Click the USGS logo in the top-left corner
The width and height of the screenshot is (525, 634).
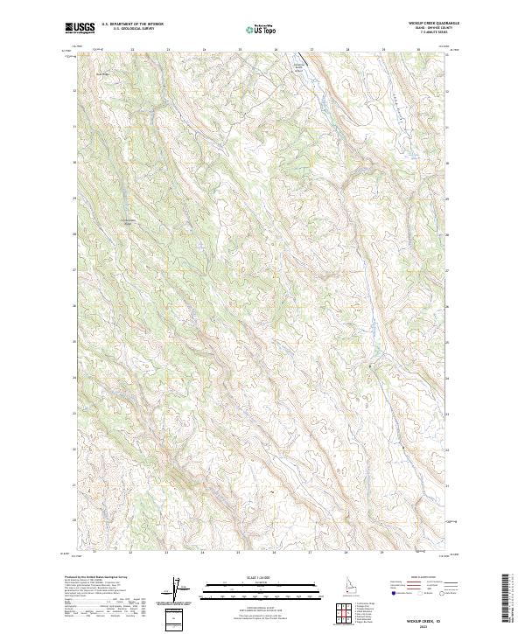[x=80, y=28]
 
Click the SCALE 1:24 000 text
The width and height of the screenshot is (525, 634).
[x=262, y=575]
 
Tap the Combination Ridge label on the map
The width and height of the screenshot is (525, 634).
[x=129, y=221]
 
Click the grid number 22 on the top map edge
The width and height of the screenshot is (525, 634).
[x=131, y=50]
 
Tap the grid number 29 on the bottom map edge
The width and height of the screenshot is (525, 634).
[x=382, y=553]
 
